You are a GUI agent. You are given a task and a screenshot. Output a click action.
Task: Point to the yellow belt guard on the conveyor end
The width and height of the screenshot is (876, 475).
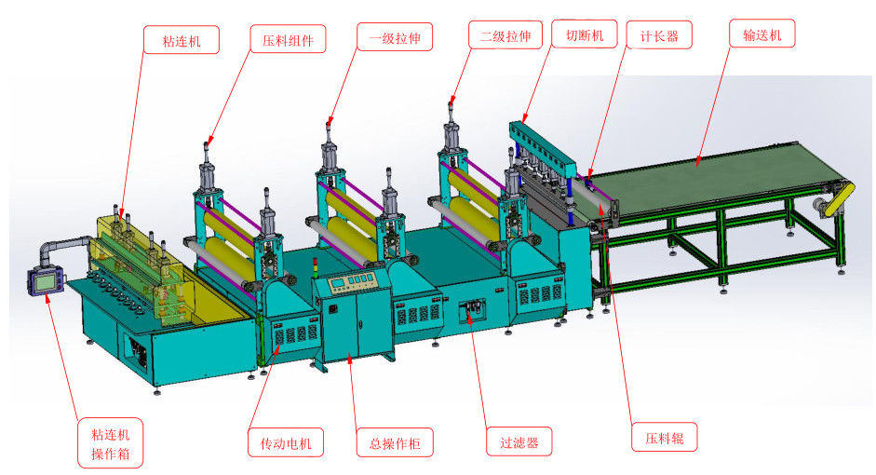[841, 198]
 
